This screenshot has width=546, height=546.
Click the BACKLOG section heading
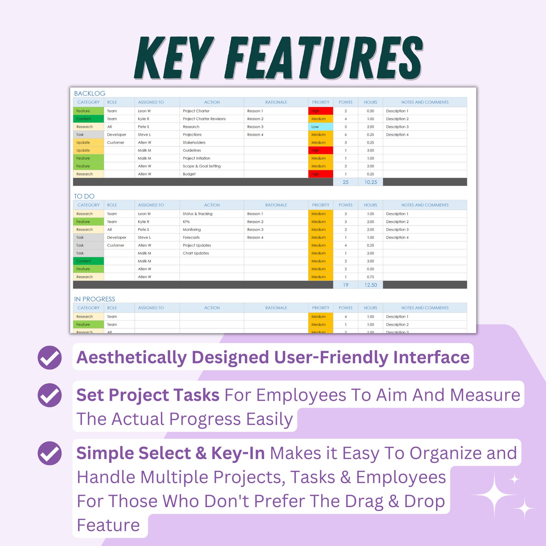(x=90, y=93)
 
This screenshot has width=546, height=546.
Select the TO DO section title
(x=84, y=196)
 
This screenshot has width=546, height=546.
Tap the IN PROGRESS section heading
(x=95, y=299)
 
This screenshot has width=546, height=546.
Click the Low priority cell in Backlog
(x=320, y=127)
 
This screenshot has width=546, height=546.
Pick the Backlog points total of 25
(x=346, y=182)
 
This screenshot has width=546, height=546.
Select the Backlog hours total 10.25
(x=371, y=182)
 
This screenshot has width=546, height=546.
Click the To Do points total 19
(x=346, y=285)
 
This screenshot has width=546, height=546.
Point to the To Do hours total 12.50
(x=371, y=285)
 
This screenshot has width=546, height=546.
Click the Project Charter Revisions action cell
(x=204, y=119)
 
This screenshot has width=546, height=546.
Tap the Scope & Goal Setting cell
(x=202, y=166)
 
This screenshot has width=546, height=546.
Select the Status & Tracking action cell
(x=198, y=214)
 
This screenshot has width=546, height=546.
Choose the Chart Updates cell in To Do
(x=196, y=253)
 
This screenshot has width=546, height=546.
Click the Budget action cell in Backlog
(x=189, y=174)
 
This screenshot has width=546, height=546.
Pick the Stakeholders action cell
(x=194, y=143)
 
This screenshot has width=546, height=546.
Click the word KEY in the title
(x=174, y=58)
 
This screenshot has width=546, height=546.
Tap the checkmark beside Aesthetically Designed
(x=50, y=358)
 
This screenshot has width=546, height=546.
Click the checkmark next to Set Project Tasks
(x=50, y=395)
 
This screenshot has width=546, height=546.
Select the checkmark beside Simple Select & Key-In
(x=50, y=453)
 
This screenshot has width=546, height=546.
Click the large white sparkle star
(x=494, y=495)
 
